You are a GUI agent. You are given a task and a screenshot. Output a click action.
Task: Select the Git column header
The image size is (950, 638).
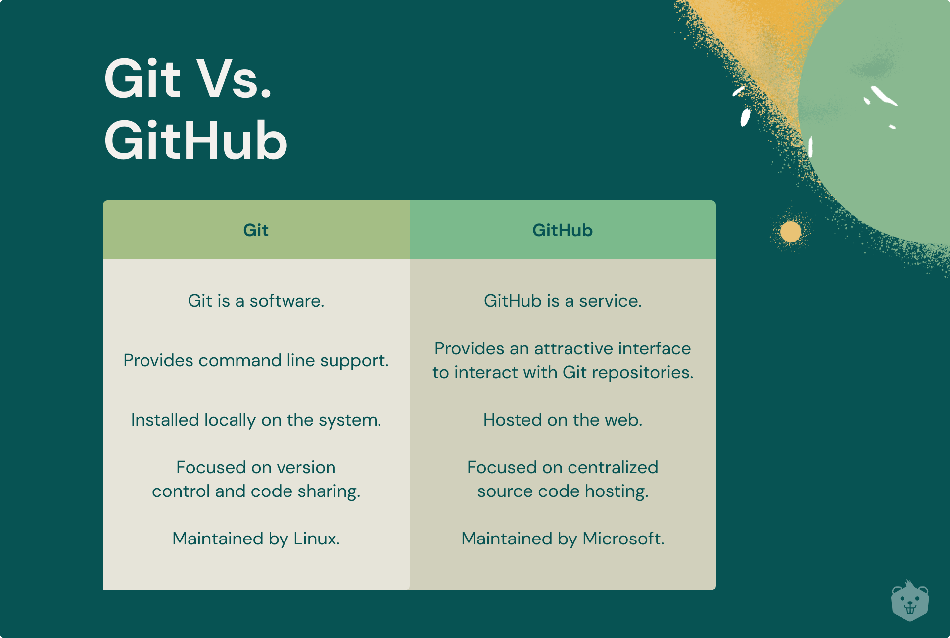pos(256,230)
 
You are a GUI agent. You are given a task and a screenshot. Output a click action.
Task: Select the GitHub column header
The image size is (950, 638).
pos(563,230)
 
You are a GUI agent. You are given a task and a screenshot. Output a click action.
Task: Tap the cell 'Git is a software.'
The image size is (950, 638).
pos(256,301)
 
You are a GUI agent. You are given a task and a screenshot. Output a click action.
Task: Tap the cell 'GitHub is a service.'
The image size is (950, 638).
pos(563,301)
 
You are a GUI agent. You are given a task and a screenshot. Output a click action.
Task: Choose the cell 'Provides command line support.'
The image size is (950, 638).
pos(256,361)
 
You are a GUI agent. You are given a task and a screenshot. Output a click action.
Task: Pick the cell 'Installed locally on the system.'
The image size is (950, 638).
pos(256,420)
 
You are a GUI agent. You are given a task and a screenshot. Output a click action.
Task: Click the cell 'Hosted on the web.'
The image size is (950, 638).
pos(563,420)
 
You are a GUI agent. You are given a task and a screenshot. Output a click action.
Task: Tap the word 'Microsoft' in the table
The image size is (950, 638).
pos(622,539)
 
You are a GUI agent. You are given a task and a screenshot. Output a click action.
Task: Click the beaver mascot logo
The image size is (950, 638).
pos(909,602)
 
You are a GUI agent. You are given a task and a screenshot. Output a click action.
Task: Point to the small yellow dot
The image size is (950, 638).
pos(790,232)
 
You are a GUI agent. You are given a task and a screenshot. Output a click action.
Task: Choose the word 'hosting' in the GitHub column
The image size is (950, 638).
pos(616,491)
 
